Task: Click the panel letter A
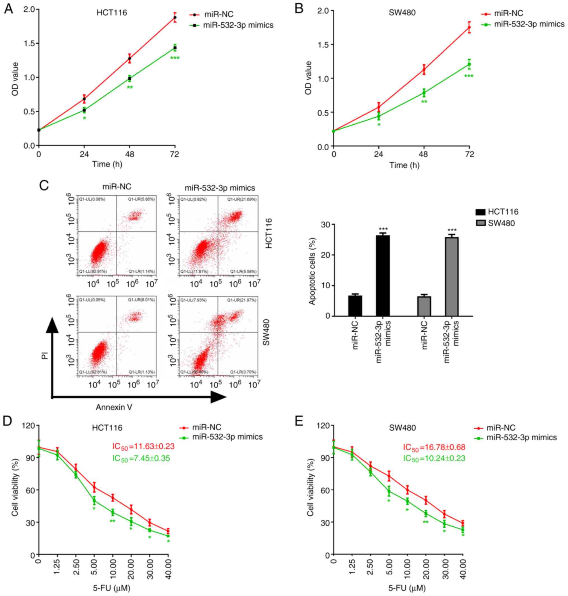click(x=8, y=9)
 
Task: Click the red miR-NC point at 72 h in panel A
click(x=175, y=18)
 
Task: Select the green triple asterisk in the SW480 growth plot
click(x=469, y=76)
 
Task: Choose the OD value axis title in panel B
click(x=309, y=78)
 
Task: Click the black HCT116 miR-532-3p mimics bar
click(x=383, y=276)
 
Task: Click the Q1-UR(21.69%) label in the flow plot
click(x=242, y=200)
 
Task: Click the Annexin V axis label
click(x=114, y=407)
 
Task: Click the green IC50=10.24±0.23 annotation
click(x=434, y=458)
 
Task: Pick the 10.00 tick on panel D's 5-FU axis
click(x=113, y=571)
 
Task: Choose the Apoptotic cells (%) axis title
click(x=312, y=271)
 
